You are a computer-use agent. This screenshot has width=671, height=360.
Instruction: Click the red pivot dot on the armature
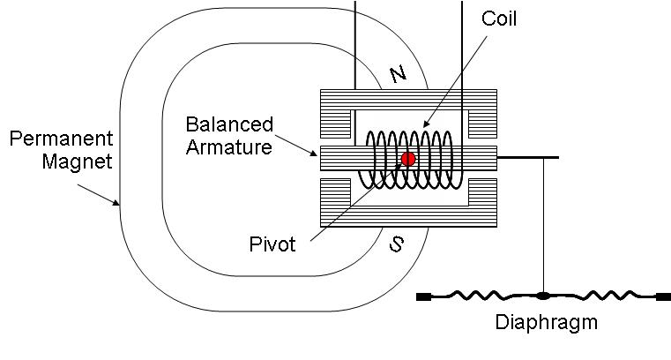click(408, 159)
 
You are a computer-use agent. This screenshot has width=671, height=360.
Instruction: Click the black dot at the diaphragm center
click(543, 296)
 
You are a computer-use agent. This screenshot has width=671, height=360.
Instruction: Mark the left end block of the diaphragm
click(423, 296)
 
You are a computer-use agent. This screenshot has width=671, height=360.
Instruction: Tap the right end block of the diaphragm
click(663, 296)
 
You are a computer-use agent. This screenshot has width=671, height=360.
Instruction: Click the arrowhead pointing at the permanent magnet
click(116, 204)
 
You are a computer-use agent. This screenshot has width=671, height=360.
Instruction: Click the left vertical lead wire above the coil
click(355, 44)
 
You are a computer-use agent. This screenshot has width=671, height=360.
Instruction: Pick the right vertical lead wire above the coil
click(463, 44)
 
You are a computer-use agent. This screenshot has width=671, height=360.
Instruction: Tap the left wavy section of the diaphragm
click(481, 296)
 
